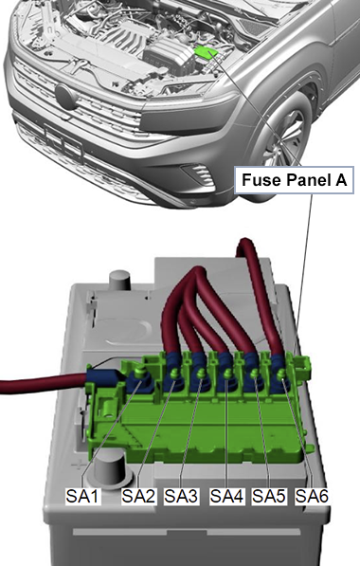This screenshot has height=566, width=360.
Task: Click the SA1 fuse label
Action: (82, 496)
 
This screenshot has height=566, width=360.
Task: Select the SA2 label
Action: (138, 496)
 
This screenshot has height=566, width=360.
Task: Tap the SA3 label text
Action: (181, 496)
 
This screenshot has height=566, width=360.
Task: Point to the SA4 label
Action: (226, 496)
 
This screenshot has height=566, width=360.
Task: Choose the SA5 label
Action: (269, 496)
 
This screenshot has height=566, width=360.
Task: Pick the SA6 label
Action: (312, 496)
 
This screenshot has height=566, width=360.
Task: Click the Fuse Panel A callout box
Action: (294, 180)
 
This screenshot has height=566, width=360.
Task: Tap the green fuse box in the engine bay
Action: (207, 52)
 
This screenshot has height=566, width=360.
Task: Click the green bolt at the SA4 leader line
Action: (226, 374)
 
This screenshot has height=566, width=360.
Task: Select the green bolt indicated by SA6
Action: (281, 374)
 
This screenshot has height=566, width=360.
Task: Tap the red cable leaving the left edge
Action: (44, 383)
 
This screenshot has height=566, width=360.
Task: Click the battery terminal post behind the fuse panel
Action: (118, 281)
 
